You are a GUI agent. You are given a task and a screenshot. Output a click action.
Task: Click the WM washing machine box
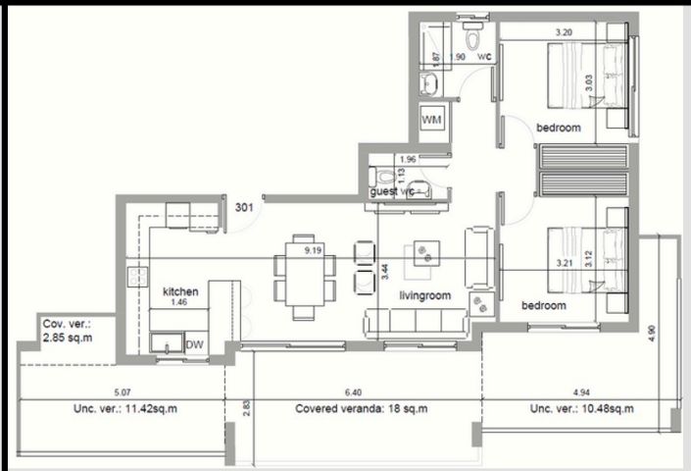(431, 119)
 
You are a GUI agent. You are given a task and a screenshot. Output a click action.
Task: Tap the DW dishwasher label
(194, 344)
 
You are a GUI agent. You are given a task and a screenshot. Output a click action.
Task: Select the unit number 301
(246, 207)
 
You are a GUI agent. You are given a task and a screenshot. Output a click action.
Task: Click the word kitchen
(181, 291)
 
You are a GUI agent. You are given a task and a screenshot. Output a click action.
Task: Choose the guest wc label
(397, 191)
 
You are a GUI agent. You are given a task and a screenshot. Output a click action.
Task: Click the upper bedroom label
(558, 128)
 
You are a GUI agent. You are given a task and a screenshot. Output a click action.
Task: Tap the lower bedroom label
(543, 306)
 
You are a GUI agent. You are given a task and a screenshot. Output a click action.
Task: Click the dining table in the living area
(303, 278)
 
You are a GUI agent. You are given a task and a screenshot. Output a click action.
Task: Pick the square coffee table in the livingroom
(427, 254)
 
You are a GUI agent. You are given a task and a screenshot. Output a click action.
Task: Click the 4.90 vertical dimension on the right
(651, 332)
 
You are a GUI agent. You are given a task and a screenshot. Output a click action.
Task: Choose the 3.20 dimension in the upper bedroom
(564, 32)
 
